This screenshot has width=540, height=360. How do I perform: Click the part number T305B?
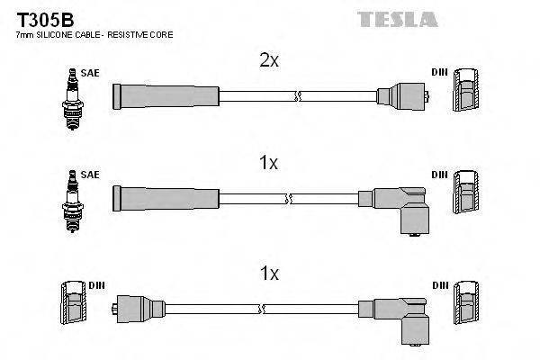coord(39,19)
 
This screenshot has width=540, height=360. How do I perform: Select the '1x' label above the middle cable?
coord(268,163)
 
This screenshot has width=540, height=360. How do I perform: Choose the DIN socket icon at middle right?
coord(468,193)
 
